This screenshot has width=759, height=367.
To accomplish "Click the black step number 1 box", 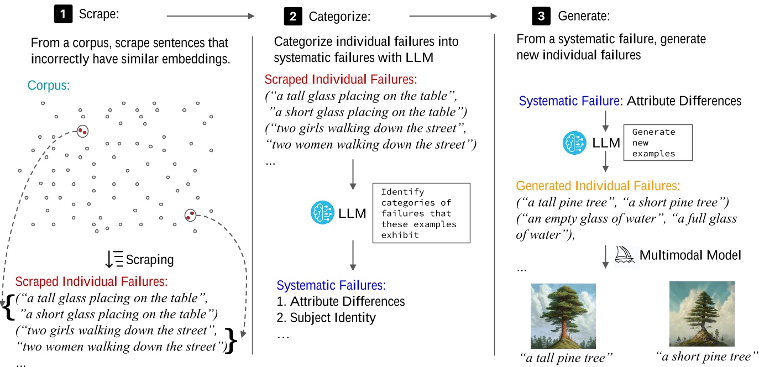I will click(x=62, y=15).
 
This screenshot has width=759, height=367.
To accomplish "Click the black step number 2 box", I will click(x=293, y=17).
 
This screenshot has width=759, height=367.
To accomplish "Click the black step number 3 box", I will click(x=541, y=17).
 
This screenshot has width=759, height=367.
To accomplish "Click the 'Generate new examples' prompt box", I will click(x=658, y=143).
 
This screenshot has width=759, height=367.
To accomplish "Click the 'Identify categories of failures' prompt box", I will click(x=421, y=213).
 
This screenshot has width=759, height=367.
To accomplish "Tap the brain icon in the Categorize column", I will click(x=322, y=213).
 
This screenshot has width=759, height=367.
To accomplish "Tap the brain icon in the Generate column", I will click(x=574, y=143).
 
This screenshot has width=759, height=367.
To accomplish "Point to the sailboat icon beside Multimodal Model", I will click(x=626, y=255).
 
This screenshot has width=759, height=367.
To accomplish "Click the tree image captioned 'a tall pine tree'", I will click(x=563, y=316).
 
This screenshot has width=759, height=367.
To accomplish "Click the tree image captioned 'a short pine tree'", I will click(x=702, y=313).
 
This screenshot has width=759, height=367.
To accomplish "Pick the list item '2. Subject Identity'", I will click(x=326, y=318).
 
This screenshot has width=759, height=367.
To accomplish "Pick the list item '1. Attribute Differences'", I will click(x=341, y=302).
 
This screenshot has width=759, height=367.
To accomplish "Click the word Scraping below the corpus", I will click(x=150, y=259).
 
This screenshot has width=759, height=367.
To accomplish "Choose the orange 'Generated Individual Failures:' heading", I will click(x=598, y=186).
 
